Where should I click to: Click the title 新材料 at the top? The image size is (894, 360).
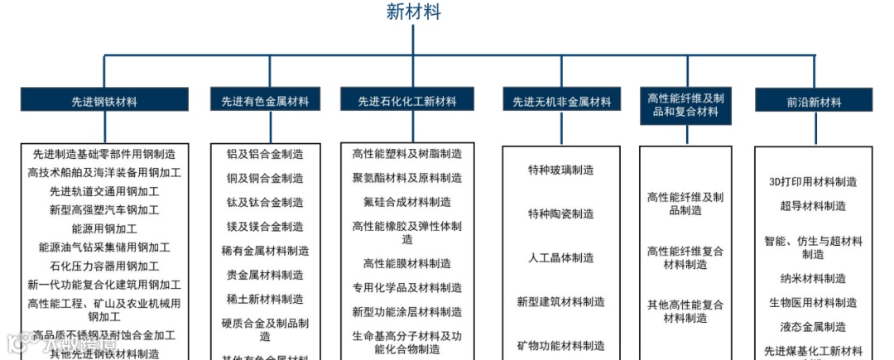(x=413, y=12)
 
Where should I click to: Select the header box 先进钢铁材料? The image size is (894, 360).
(x=104, y=102)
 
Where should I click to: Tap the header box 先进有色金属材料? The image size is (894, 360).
(x=265, y=102)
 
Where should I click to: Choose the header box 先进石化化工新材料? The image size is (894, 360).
(x=406, y=102)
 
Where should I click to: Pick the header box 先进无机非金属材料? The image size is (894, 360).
(x=561, y=102)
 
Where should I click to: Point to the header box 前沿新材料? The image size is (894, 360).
(x=814, y=102)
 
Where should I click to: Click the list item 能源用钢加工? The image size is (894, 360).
(x=104, y=228)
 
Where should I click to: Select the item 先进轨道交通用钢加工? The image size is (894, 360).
(x=104, y=191)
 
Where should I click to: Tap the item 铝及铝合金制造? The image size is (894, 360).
(x=265, y=154)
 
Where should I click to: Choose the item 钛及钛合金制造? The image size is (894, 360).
(x=265, y=202)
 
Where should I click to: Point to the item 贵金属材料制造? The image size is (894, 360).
(x=265, y=274)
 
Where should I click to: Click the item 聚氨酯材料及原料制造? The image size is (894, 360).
(x=407, y=178)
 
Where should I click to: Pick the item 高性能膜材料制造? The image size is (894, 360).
(x=407, y=263)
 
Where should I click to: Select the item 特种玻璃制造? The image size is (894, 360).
(x=561, y=170)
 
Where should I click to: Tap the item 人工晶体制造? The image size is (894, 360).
(x=561, y=257)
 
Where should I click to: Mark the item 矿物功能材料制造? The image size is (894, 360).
(x=561, y=345)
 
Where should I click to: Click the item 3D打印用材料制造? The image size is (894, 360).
(x=813, y=182)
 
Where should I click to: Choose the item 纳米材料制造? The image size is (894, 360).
(x=813, y=278)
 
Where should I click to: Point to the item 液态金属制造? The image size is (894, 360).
(x=813, y=326)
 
